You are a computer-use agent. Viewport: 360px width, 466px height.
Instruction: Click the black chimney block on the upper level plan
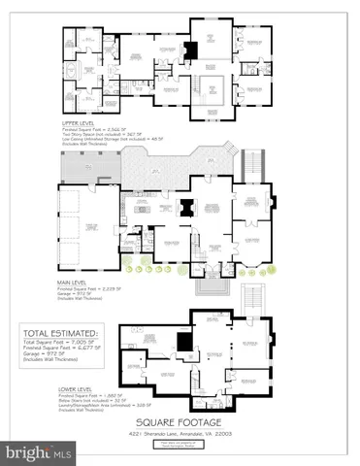(x=191, y=49)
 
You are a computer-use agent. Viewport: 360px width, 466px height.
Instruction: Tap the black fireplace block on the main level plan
(x=184, y=206)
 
